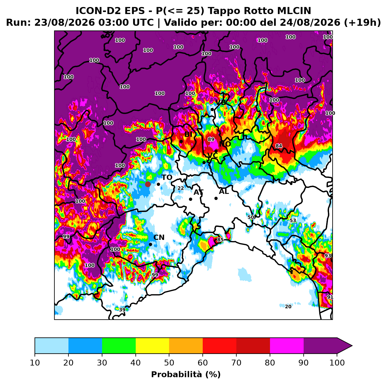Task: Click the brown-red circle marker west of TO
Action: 148,184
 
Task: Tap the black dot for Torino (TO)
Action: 158,184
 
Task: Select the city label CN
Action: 159,238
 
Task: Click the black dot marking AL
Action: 216,198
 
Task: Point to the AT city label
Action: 198,192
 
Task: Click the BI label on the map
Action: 188,134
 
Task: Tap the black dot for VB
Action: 212,110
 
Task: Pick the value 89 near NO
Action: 211,139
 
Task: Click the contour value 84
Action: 279,146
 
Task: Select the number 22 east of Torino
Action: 180,188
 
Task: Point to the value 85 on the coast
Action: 220,240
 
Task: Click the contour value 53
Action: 293,221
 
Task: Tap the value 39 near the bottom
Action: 122,310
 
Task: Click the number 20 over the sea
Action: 288,306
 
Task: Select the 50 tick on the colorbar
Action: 169,363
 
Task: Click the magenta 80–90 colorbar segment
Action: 287,345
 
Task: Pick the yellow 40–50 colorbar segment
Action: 152,345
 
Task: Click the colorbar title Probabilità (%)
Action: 186,375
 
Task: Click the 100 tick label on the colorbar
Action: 337,363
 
